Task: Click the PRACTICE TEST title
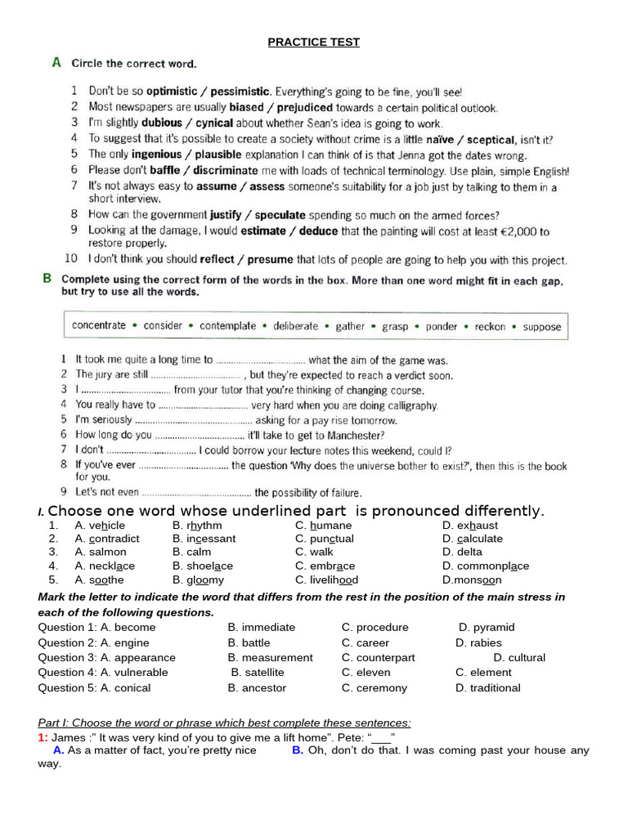[x=313, y=43]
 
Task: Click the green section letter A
[x=56, y=62]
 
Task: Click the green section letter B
[x=47, y=278]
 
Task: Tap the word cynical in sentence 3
[x=210, y=123]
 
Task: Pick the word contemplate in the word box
[x=228, y=326]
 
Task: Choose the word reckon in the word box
[x=490, y=326]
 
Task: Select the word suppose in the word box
[x=542, y=326]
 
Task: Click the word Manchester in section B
[x=348, y=436]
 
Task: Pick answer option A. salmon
[x=101, y=552]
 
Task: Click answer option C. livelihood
[x=326, y=580]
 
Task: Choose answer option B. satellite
[x=258, y=672]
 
